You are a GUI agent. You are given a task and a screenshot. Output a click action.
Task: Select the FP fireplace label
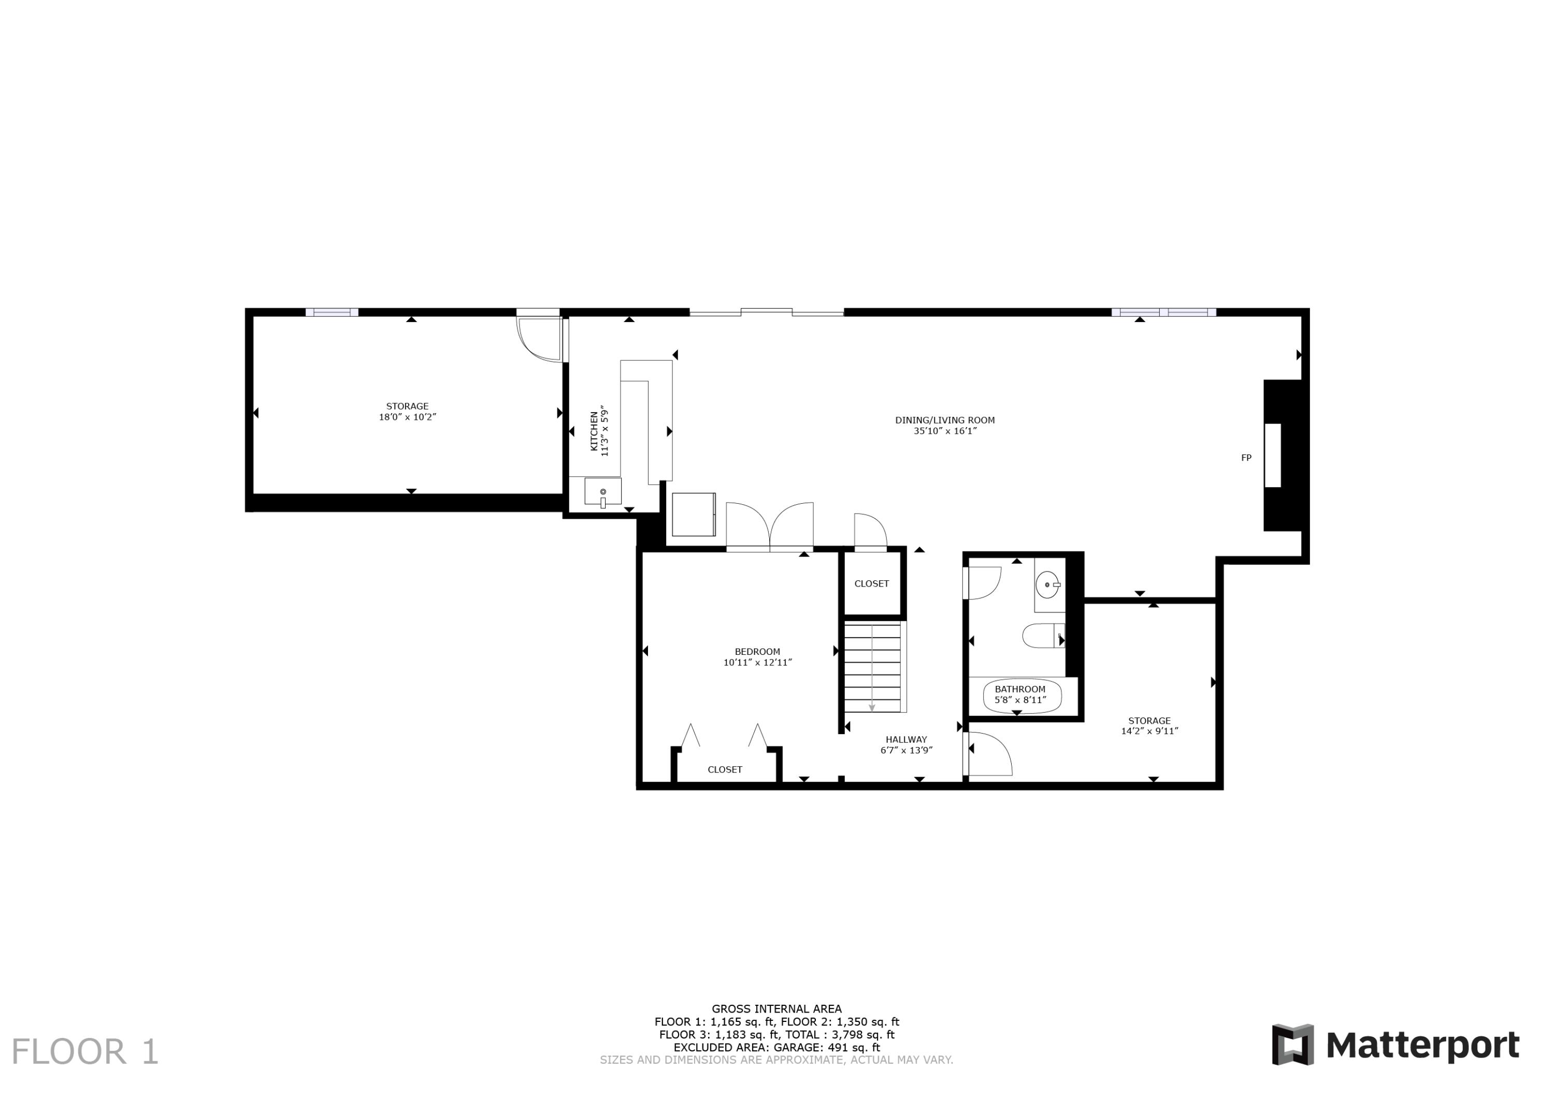1246,458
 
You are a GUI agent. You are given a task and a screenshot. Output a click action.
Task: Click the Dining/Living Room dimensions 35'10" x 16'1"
945,431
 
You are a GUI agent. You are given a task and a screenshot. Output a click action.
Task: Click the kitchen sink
602,492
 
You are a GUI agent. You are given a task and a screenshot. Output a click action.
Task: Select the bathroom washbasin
1048,584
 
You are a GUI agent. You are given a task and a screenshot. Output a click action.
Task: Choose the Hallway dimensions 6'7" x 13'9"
906,750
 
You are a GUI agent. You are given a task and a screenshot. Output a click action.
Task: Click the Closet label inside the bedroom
725,770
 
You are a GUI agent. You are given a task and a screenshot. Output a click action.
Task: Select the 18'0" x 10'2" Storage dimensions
408,417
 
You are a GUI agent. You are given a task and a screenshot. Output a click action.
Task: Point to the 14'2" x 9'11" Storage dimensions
1149,731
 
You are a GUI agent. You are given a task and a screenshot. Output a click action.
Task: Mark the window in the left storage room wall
332,313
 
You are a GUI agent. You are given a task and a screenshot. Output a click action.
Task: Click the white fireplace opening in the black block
1272,456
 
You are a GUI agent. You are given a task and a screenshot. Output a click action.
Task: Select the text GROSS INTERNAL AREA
776,1008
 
